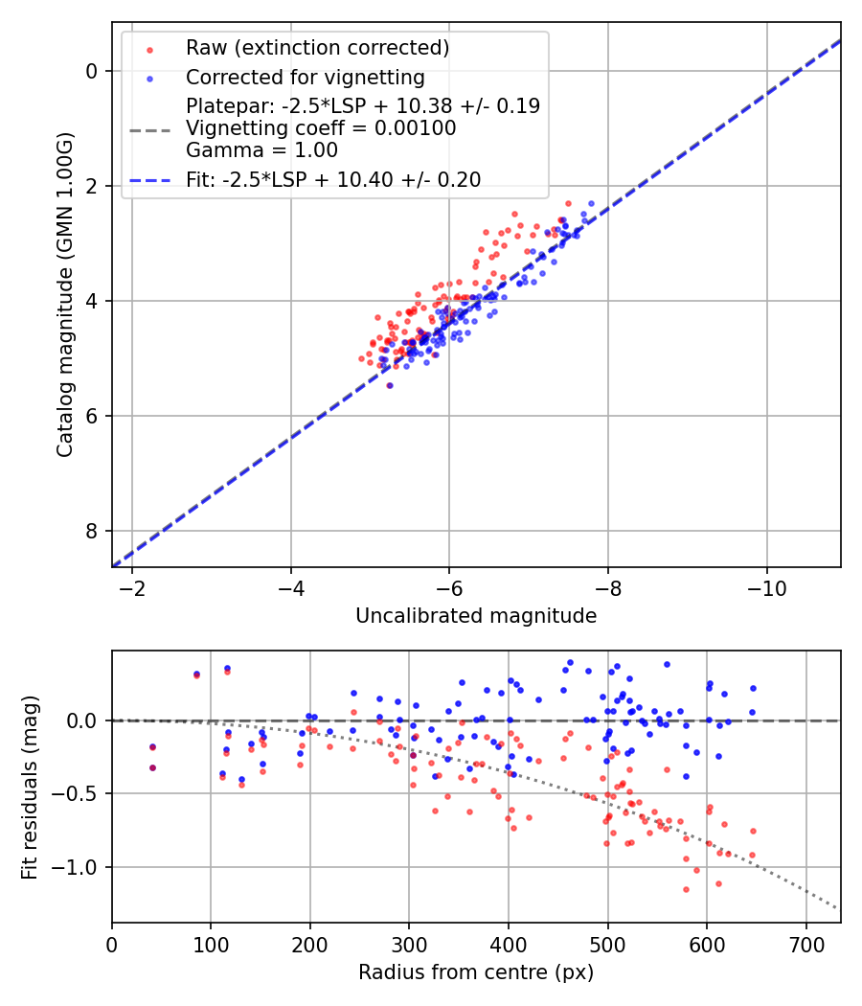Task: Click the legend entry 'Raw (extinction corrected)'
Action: click(x=317, y=48)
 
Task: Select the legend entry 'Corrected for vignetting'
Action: click(x=305, y=77)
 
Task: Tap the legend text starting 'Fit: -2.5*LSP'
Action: click(x=333, y=179)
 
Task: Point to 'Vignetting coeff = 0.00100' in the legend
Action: click(x=321, y=128)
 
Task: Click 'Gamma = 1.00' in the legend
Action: click(x=261, y=150)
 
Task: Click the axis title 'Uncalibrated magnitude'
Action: click(x=476, y=616)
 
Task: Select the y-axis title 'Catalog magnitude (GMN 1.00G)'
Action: click(x=64, y=295)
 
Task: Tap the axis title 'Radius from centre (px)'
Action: click(x=476, y=972)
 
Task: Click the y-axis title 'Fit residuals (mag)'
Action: click(x=30, y=787)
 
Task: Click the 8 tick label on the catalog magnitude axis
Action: click(x=92, y=531)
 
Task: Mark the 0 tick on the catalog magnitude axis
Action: click(x=92, y=71)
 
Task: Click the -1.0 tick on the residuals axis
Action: click(x=80, y=867)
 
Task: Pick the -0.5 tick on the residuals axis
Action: click(x=80, y=793)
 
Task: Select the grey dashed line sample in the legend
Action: click(x=148, y=128)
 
